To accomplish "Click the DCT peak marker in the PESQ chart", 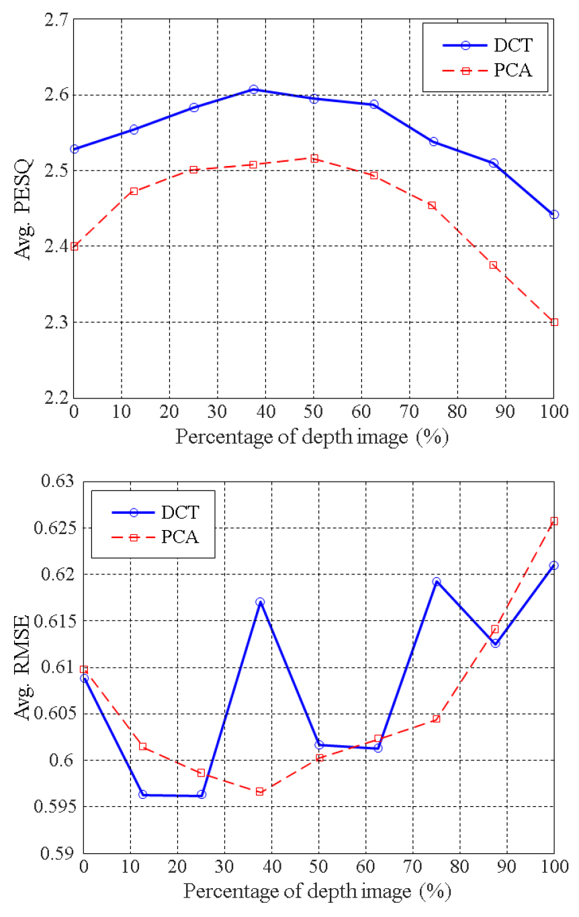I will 253,89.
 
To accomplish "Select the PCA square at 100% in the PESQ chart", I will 554,322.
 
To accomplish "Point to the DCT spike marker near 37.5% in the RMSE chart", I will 260,602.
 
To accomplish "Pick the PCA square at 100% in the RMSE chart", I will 554,521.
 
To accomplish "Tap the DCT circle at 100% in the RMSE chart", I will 554,566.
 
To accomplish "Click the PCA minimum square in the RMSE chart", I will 260,791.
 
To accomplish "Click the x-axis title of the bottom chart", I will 317,893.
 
